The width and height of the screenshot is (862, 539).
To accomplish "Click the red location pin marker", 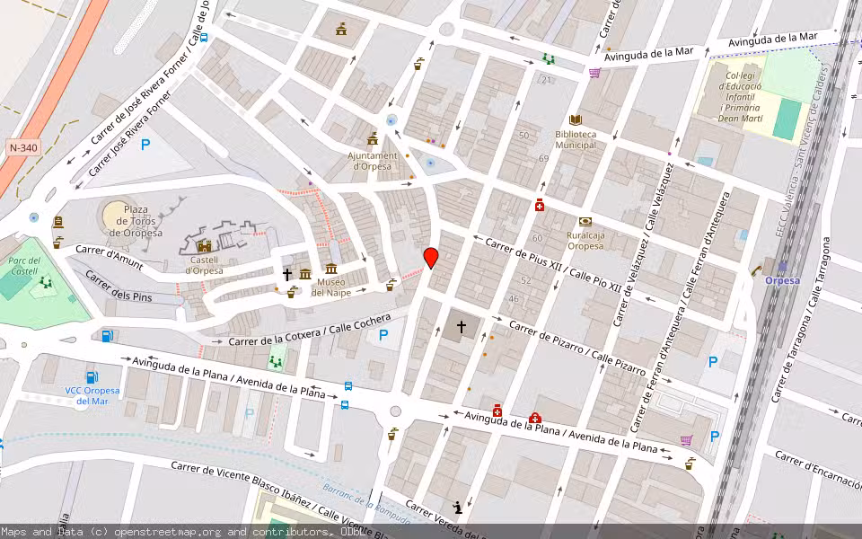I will [431, 257].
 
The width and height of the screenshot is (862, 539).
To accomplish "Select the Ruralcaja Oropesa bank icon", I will [585, 221].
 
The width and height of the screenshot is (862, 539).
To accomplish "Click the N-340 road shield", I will [22, 147].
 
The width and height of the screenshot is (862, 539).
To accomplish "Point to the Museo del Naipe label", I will [330, 287].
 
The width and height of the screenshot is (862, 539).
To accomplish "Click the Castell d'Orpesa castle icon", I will [204, 245].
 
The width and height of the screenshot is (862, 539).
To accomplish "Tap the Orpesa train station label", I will [781, 279].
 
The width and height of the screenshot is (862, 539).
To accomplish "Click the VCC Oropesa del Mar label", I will [92, 395].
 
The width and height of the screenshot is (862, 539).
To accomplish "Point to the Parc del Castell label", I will [24, 264].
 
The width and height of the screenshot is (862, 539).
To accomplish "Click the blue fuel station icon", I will [108, 336].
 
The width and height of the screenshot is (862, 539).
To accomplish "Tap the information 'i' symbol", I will [459, 508].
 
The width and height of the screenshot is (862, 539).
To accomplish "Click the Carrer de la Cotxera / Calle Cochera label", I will [310, 330].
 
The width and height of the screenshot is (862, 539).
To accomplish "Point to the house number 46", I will [514, 298].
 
